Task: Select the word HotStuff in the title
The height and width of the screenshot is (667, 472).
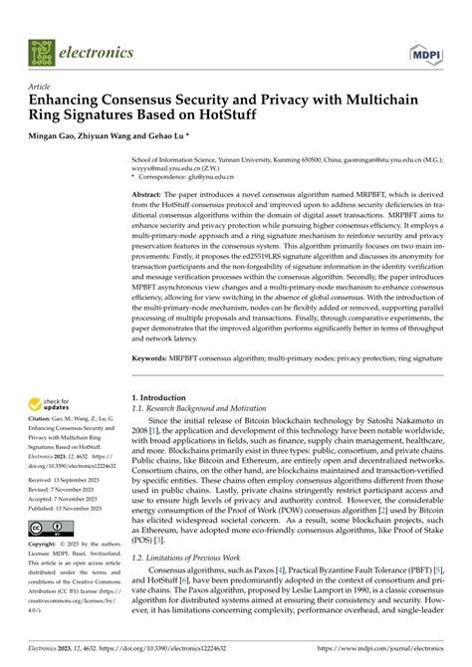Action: [273, 116]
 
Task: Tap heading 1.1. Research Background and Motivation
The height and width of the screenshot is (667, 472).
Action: [204, 408]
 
